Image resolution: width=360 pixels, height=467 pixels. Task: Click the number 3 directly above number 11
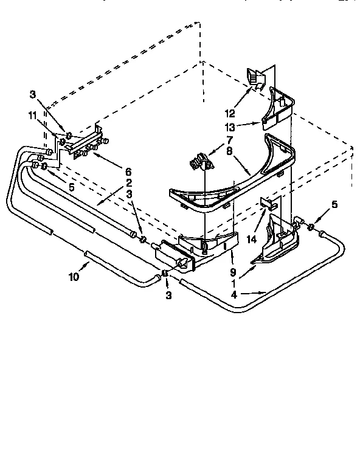32,94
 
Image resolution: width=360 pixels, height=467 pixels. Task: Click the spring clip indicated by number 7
198,162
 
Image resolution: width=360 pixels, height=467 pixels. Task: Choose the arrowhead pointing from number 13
263,125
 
